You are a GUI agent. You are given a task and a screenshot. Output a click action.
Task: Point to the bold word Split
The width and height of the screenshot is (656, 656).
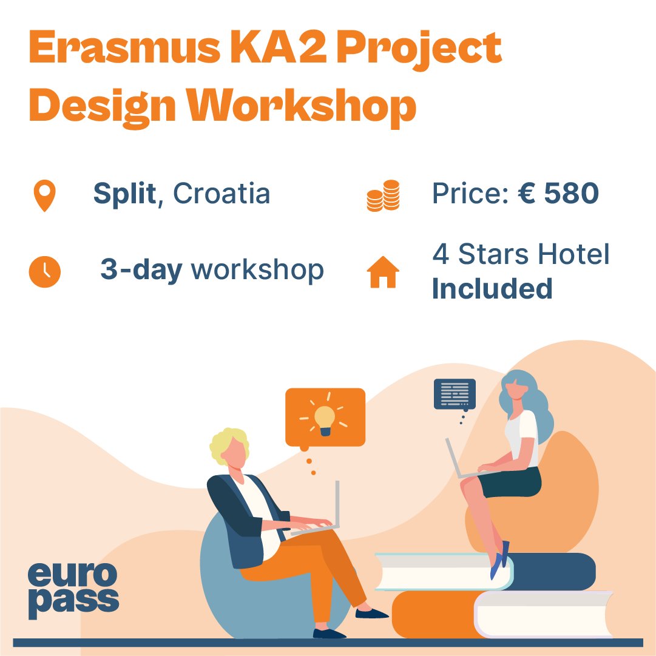[124, 194]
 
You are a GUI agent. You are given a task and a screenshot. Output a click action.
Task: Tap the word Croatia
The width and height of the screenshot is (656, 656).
[221, 194]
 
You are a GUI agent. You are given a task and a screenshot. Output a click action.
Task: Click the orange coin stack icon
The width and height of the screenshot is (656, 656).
[384, 195]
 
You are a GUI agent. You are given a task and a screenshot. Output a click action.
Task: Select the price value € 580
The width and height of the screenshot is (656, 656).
[558, 194]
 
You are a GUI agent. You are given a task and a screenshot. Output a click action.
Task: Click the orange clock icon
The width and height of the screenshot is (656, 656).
[45, 272]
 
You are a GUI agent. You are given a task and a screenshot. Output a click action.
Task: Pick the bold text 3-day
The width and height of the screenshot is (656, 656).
[141, 270]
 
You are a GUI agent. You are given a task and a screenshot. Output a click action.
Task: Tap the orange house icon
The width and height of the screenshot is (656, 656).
[383, 272]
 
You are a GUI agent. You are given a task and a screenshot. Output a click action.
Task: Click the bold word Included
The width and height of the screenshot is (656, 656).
[492, 289]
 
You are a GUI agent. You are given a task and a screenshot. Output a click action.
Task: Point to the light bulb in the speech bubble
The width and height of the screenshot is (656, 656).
[325, 418]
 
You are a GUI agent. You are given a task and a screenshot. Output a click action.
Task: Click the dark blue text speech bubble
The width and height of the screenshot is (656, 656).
[455, 394]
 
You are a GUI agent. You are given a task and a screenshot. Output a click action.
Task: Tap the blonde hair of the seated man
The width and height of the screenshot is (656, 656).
[229, 444]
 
